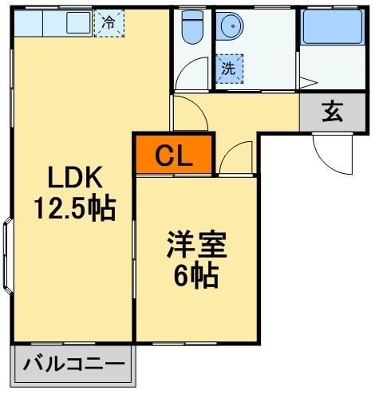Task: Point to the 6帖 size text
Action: pyautogui.click(x=196, y=275)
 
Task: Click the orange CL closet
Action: pyautogui.click(x=174, y=155)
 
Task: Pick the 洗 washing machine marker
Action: pyautogui.click(x=228, y=68)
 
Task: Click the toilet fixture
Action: pyautogui.click(x=191, y=30)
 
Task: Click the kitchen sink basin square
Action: pyautogui.click(x=77, y=23)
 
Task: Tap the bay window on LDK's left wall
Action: pyautogui.click(x=6, y=253)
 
